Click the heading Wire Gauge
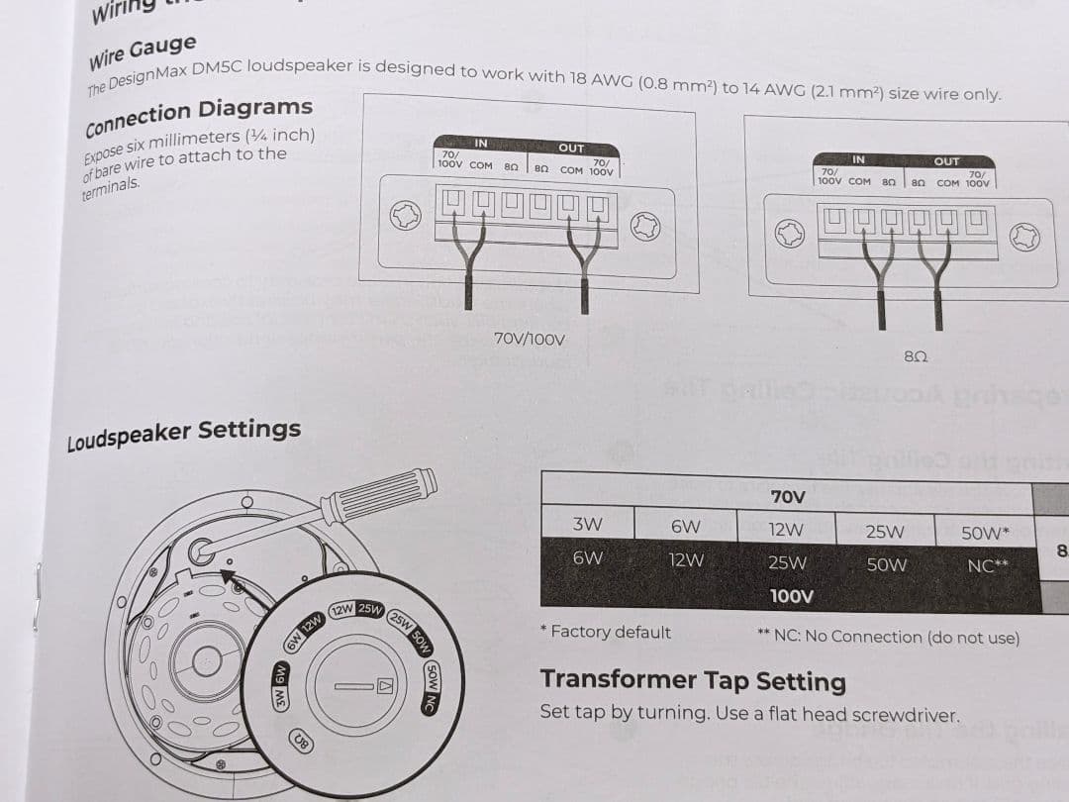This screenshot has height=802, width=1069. click(143, 52)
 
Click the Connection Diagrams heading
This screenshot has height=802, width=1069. click(199, 117)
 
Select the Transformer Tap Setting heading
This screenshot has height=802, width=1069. click(693, 680)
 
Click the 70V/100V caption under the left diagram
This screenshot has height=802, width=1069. click(529, 340)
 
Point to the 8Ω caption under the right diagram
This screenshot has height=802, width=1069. click(915, 354)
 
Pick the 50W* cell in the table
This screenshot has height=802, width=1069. click(985, 533)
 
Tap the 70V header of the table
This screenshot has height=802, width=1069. click(788, 496)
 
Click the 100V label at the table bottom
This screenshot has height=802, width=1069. click(791, 596)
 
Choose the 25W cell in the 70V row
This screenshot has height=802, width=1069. click(884, 532)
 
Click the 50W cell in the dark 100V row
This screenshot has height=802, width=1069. click(886, 565)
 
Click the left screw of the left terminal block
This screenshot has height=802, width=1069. click(404, 215)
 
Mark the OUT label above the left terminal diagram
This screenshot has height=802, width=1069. click(571, 148)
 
